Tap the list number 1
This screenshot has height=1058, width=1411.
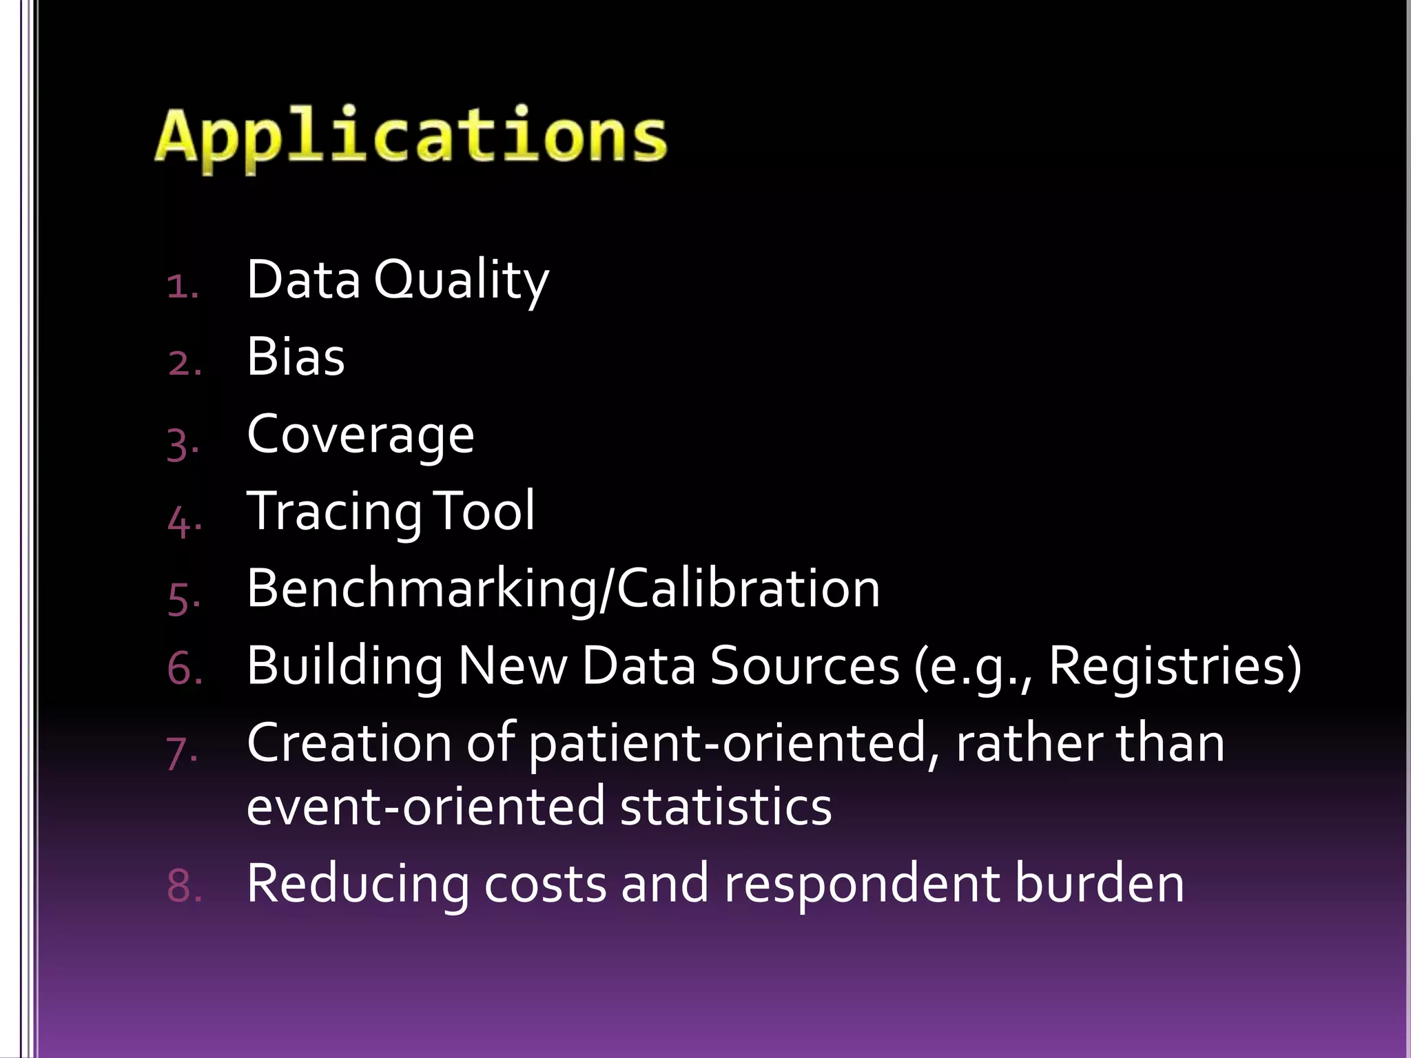[181, 286]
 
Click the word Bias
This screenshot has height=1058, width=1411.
[296, 357]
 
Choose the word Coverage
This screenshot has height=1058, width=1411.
[360, 435]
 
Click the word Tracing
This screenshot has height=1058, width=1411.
[334, 512]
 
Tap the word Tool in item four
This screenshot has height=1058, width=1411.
[486, 511]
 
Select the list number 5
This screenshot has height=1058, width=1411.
[182, 598]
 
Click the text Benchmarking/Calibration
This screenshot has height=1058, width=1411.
[563, 589]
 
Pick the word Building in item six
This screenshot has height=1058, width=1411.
[344, 667]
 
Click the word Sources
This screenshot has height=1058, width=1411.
[804, 666]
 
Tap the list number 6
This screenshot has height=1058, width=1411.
[183, 669]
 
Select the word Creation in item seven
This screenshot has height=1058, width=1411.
[349, 743]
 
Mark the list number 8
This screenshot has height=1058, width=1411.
[183, 886]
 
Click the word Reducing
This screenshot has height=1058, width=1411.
[358, 884]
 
